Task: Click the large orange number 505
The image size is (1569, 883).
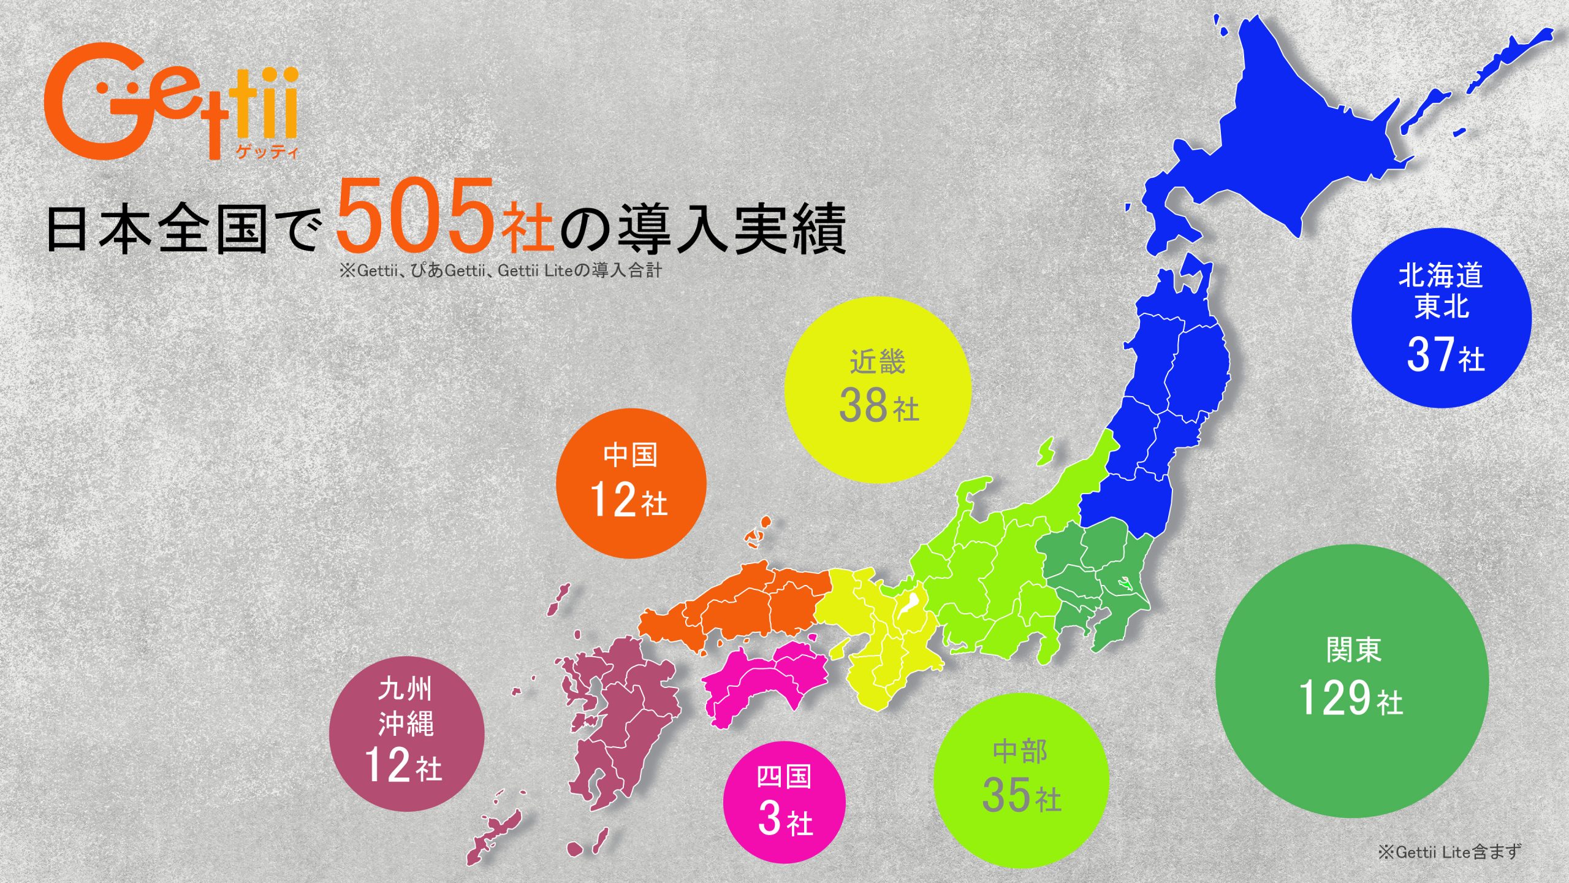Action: pos(416,216)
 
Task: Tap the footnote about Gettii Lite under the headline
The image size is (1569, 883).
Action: pos(501,270)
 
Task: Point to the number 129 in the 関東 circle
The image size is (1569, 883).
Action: pos(1334,698)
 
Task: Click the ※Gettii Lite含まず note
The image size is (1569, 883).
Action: pos(1449,851)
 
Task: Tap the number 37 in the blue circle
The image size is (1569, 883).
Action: pos(1430,354)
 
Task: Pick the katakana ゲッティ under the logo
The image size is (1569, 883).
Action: pos(267,151)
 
